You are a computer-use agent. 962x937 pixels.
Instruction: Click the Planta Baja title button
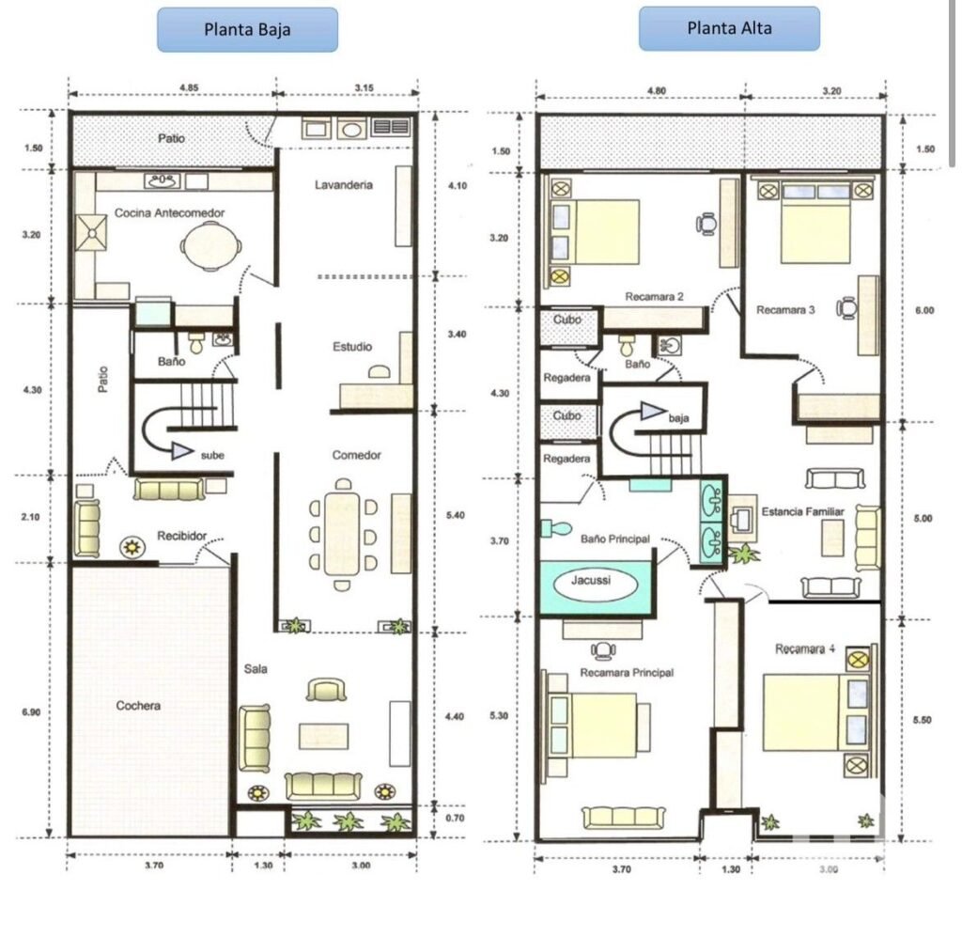pos(247,29)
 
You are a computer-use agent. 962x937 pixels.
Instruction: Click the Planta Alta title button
pos(729,28)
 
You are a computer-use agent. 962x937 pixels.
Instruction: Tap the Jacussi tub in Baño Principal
pos(591,582)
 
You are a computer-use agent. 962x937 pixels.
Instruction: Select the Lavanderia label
pos(343,185)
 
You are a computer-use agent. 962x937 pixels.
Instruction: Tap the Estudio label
pos(351,347)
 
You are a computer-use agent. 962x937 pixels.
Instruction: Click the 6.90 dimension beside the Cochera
pos(31,713)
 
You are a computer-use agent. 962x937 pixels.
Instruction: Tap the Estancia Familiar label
pos(802,512)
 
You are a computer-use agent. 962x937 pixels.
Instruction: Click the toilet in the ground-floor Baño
pos(197,345)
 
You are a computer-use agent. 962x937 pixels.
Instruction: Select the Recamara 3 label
pos(785,309)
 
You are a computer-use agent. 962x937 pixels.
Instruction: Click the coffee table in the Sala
pos(324,734)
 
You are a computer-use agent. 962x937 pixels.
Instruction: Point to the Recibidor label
pos(181,535)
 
